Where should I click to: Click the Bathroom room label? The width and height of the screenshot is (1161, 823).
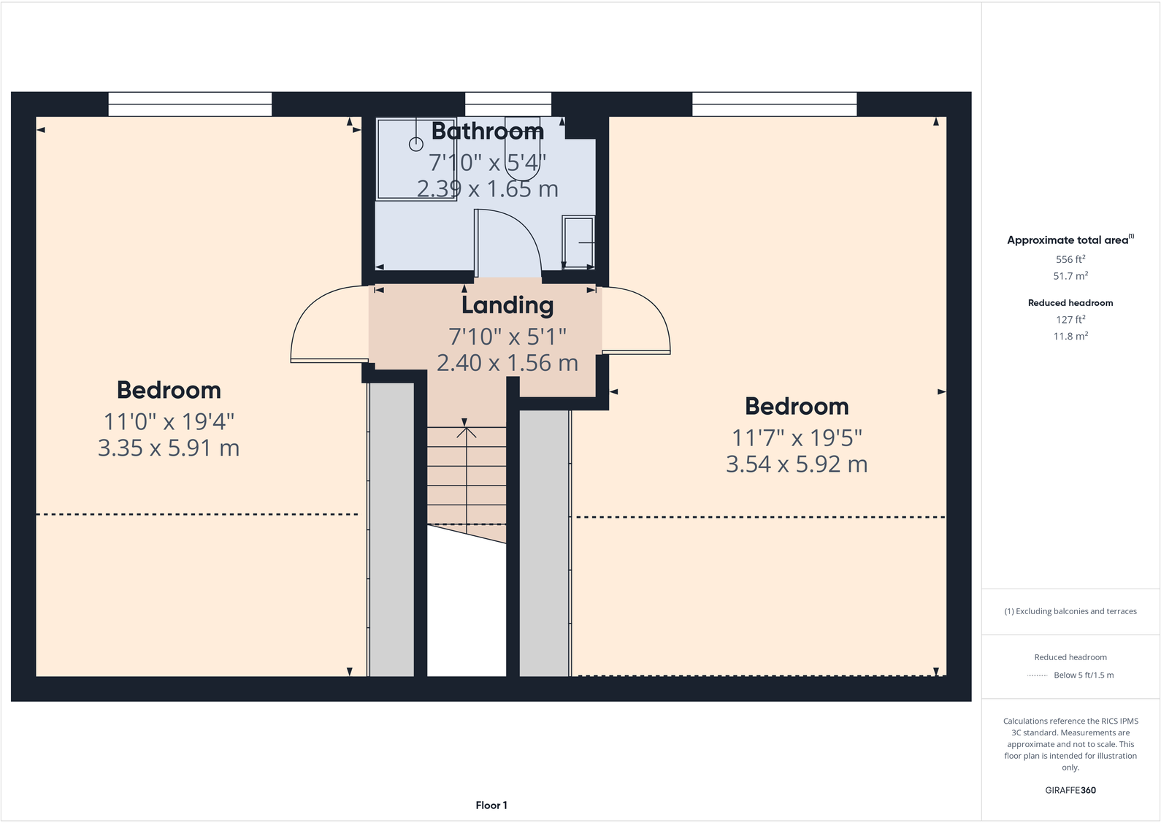click(x=488, y=131)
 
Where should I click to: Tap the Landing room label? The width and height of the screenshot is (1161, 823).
click(x=507, y=305)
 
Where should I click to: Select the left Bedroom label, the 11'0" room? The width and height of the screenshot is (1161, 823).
click(x=169, y=390)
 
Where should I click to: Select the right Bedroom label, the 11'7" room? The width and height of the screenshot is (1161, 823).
click(x=797, y=406)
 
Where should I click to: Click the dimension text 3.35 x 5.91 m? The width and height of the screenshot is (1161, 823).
click(x=169, y=448)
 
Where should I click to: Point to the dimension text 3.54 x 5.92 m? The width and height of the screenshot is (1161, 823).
click(x=797, y=464)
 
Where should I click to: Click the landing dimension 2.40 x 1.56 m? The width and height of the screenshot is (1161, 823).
click(x=507, y=363)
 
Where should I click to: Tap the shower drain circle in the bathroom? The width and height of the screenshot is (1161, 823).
click(x=415, y=144)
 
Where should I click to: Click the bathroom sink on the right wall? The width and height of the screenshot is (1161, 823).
click(x=578, y=242)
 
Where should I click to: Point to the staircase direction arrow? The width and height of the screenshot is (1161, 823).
click(x=466, y=432)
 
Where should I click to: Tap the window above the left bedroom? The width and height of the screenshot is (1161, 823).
click(x=190, y=104)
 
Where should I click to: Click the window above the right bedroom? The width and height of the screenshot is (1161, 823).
click(x=774, y=104)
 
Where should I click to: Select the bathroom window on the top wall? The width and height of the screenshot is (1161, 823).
click(x=508, y=104)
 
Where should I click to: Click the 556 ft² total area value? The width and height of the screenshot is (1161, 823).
click(x=1070, y=259)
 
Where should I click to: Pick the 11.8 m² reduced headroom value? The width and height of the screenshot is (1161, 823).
click(x=1070, y=337)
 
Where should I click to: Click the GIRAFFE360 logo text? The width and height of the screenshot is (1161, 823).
click(x=1070, y=790)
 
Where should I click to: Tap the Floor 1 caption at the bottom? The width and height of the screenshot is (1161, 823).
click(x=491, y=805)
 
